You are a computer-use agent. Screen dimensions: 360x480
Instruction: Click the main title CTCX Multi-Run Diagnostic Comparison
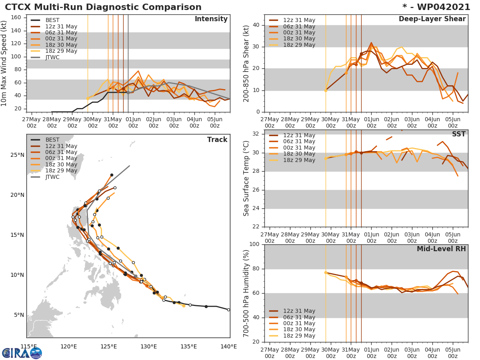click(103, 7)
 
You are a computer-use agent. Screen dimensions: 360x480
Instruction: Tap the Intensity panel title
click(211, 19)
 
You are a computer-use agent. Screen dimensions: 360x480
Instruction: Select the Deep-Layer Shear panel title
click(432, 19)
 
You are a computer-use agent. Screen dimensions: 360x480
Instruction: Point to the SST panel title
click(458, 134)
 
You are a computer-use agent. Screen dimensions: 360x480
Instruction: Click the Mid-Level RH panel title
click(441, 249)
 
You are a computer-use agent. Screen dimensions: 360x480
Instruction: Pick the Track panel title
click(217, 140)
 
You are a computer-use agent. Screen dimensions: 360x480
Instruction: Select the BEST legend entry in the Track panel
click(52, 140)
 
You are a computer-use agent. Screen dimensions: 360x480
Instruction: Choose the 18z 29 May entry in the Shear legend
click(299, 45)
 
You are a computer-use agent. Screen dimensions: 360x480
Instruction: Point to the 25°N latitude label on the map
click(17, 155)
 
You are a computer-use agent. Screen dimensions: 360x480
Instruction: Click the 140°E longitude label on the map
click(228, 346)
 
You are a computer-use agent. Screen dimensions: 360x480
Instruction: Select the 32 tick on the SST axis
click(256, 134)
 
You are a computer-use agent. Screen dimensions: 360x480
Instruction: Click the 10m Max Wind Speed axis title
click(5, 63)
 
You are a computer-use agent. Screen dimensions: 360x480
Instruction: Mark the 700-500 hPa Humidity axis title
click(246, 293)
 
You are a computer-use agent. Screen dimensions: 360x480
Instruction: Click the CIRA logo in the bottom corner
click(22, 353)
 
